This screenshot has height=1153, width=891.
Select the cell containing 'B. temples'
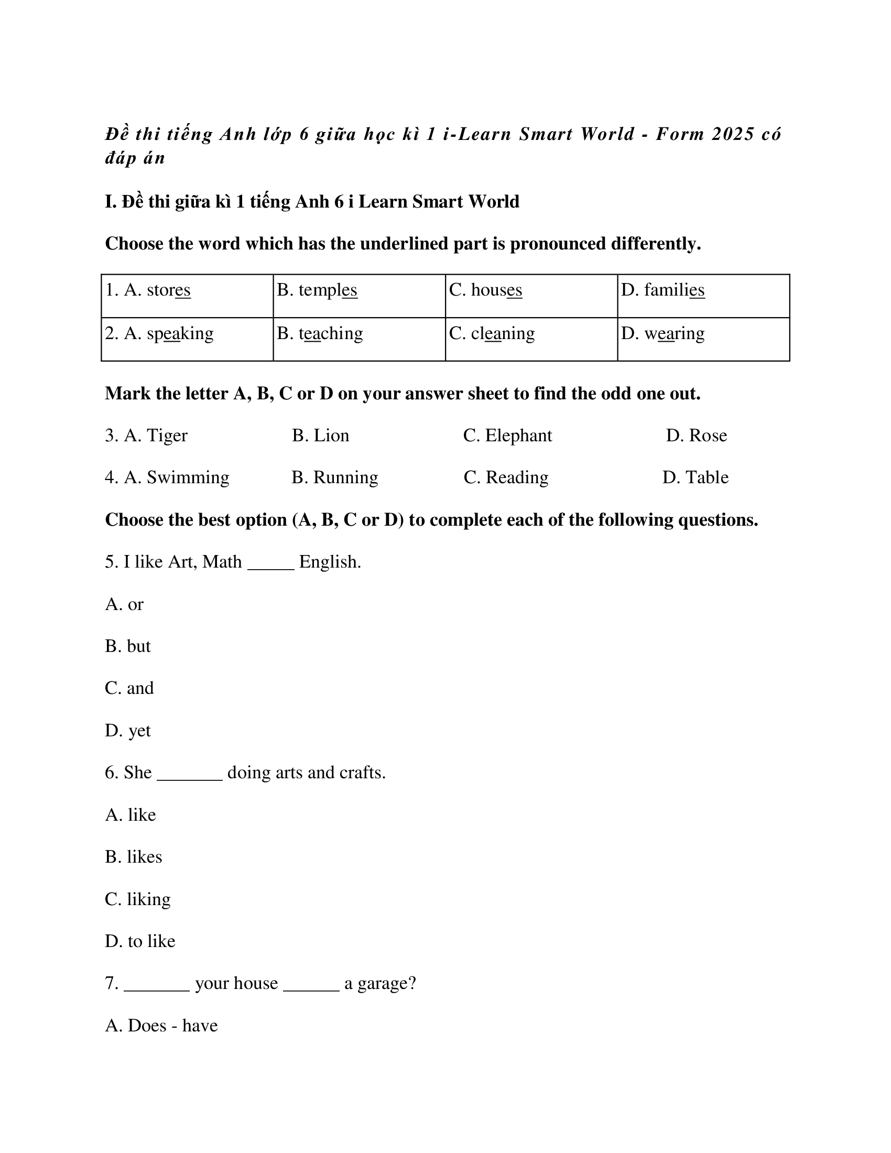(x=317, y=290)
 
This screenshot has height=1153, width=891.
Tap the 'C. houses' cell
(x=486, y=290)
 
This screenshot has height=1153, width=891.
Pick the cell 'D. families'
(x=662, y=290)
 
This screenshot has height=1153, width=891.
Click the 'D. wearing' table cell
(x=662, y=334)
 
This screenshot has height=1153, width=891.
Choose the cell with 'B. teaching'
(x=320, y=334)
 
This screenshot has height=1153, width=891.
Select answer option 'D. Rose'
(x=696, y=436)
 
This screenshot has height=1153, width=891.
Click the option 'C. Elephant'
(x=507, y=436)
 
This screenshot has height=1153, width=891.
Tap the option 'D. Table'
(x=695, y=477)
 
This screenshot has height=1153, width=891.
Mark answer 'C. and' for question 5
(x=129, y=689)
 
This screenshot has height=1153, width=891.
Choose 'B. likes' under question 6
(x=134, y=857)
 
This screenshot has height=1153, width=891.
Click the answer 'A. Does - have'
(x=161, y=1026)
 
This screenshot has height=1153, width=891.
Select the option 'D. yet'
(x=128, y=731)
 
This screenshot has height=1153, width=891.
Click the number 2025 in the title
(x=733, y=134)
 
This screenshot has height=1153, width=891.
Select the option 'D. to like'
(x=140, y=941)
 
